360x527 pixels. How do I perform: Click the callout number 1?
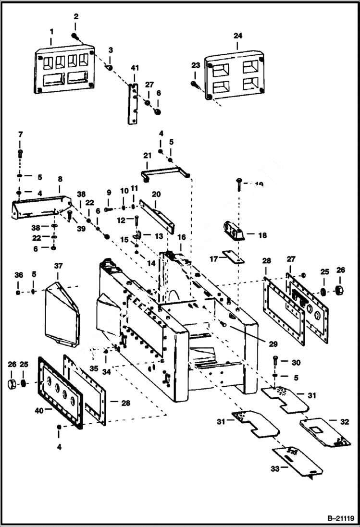[x=51, y=32]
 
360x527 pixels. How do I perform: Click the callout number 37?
[x=58, y=266]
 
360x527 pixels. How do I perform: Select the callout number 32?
[x=344, y=422]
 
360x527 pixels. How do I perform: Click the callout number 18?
[x=262, y=235]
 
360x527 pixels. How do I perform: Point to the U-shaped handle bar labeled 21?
[x=165, y=170]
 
